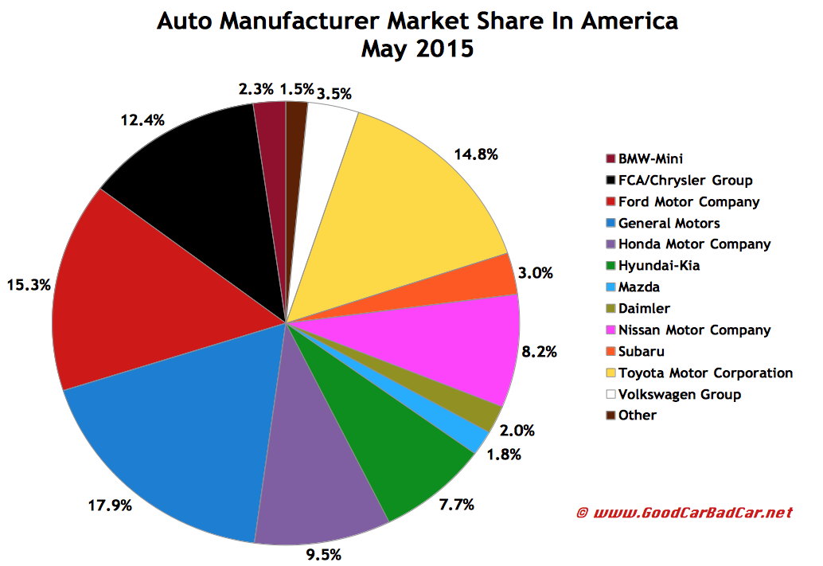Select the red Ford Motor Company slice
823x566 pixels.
(143, 303)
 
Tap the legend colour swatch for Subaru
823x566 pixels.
(610, 351)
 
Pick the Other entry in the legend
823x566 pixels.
(642, 415)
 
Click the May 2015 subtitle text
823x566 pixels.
(417, 49)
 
